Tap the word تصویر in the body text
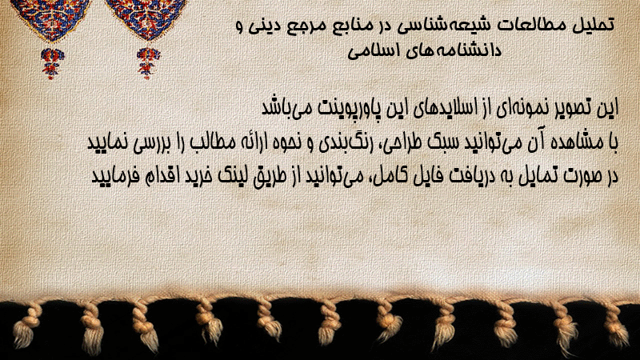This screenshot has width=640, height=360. click(x=570, y=108)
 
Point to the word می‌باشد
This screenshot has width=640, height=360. click(x=286, y=108)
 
